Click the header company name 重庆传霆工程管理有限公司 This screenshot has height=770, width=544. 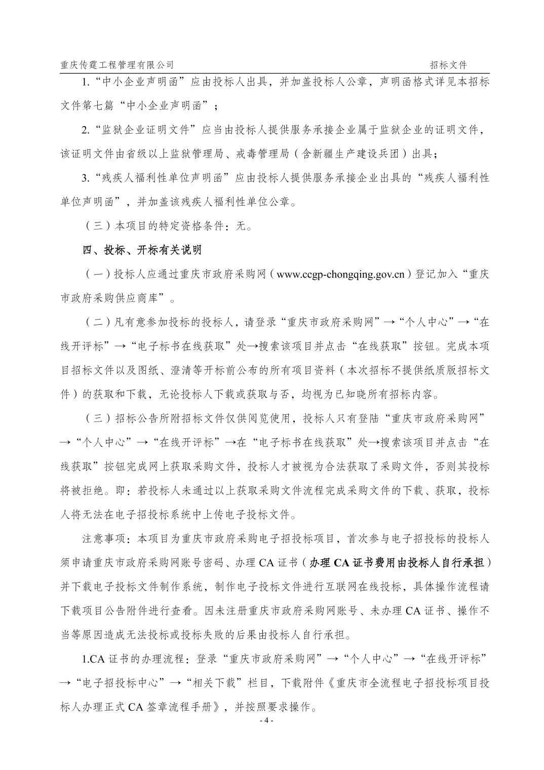coord(116,65)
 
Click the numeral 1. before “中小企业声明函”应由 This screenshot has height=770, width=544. coord(86,82)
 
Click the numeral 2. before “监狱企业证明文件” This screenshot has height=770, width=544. coord(86,130)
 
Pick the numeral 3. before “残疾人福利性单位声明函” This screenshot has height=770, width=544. coord(86,178)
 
